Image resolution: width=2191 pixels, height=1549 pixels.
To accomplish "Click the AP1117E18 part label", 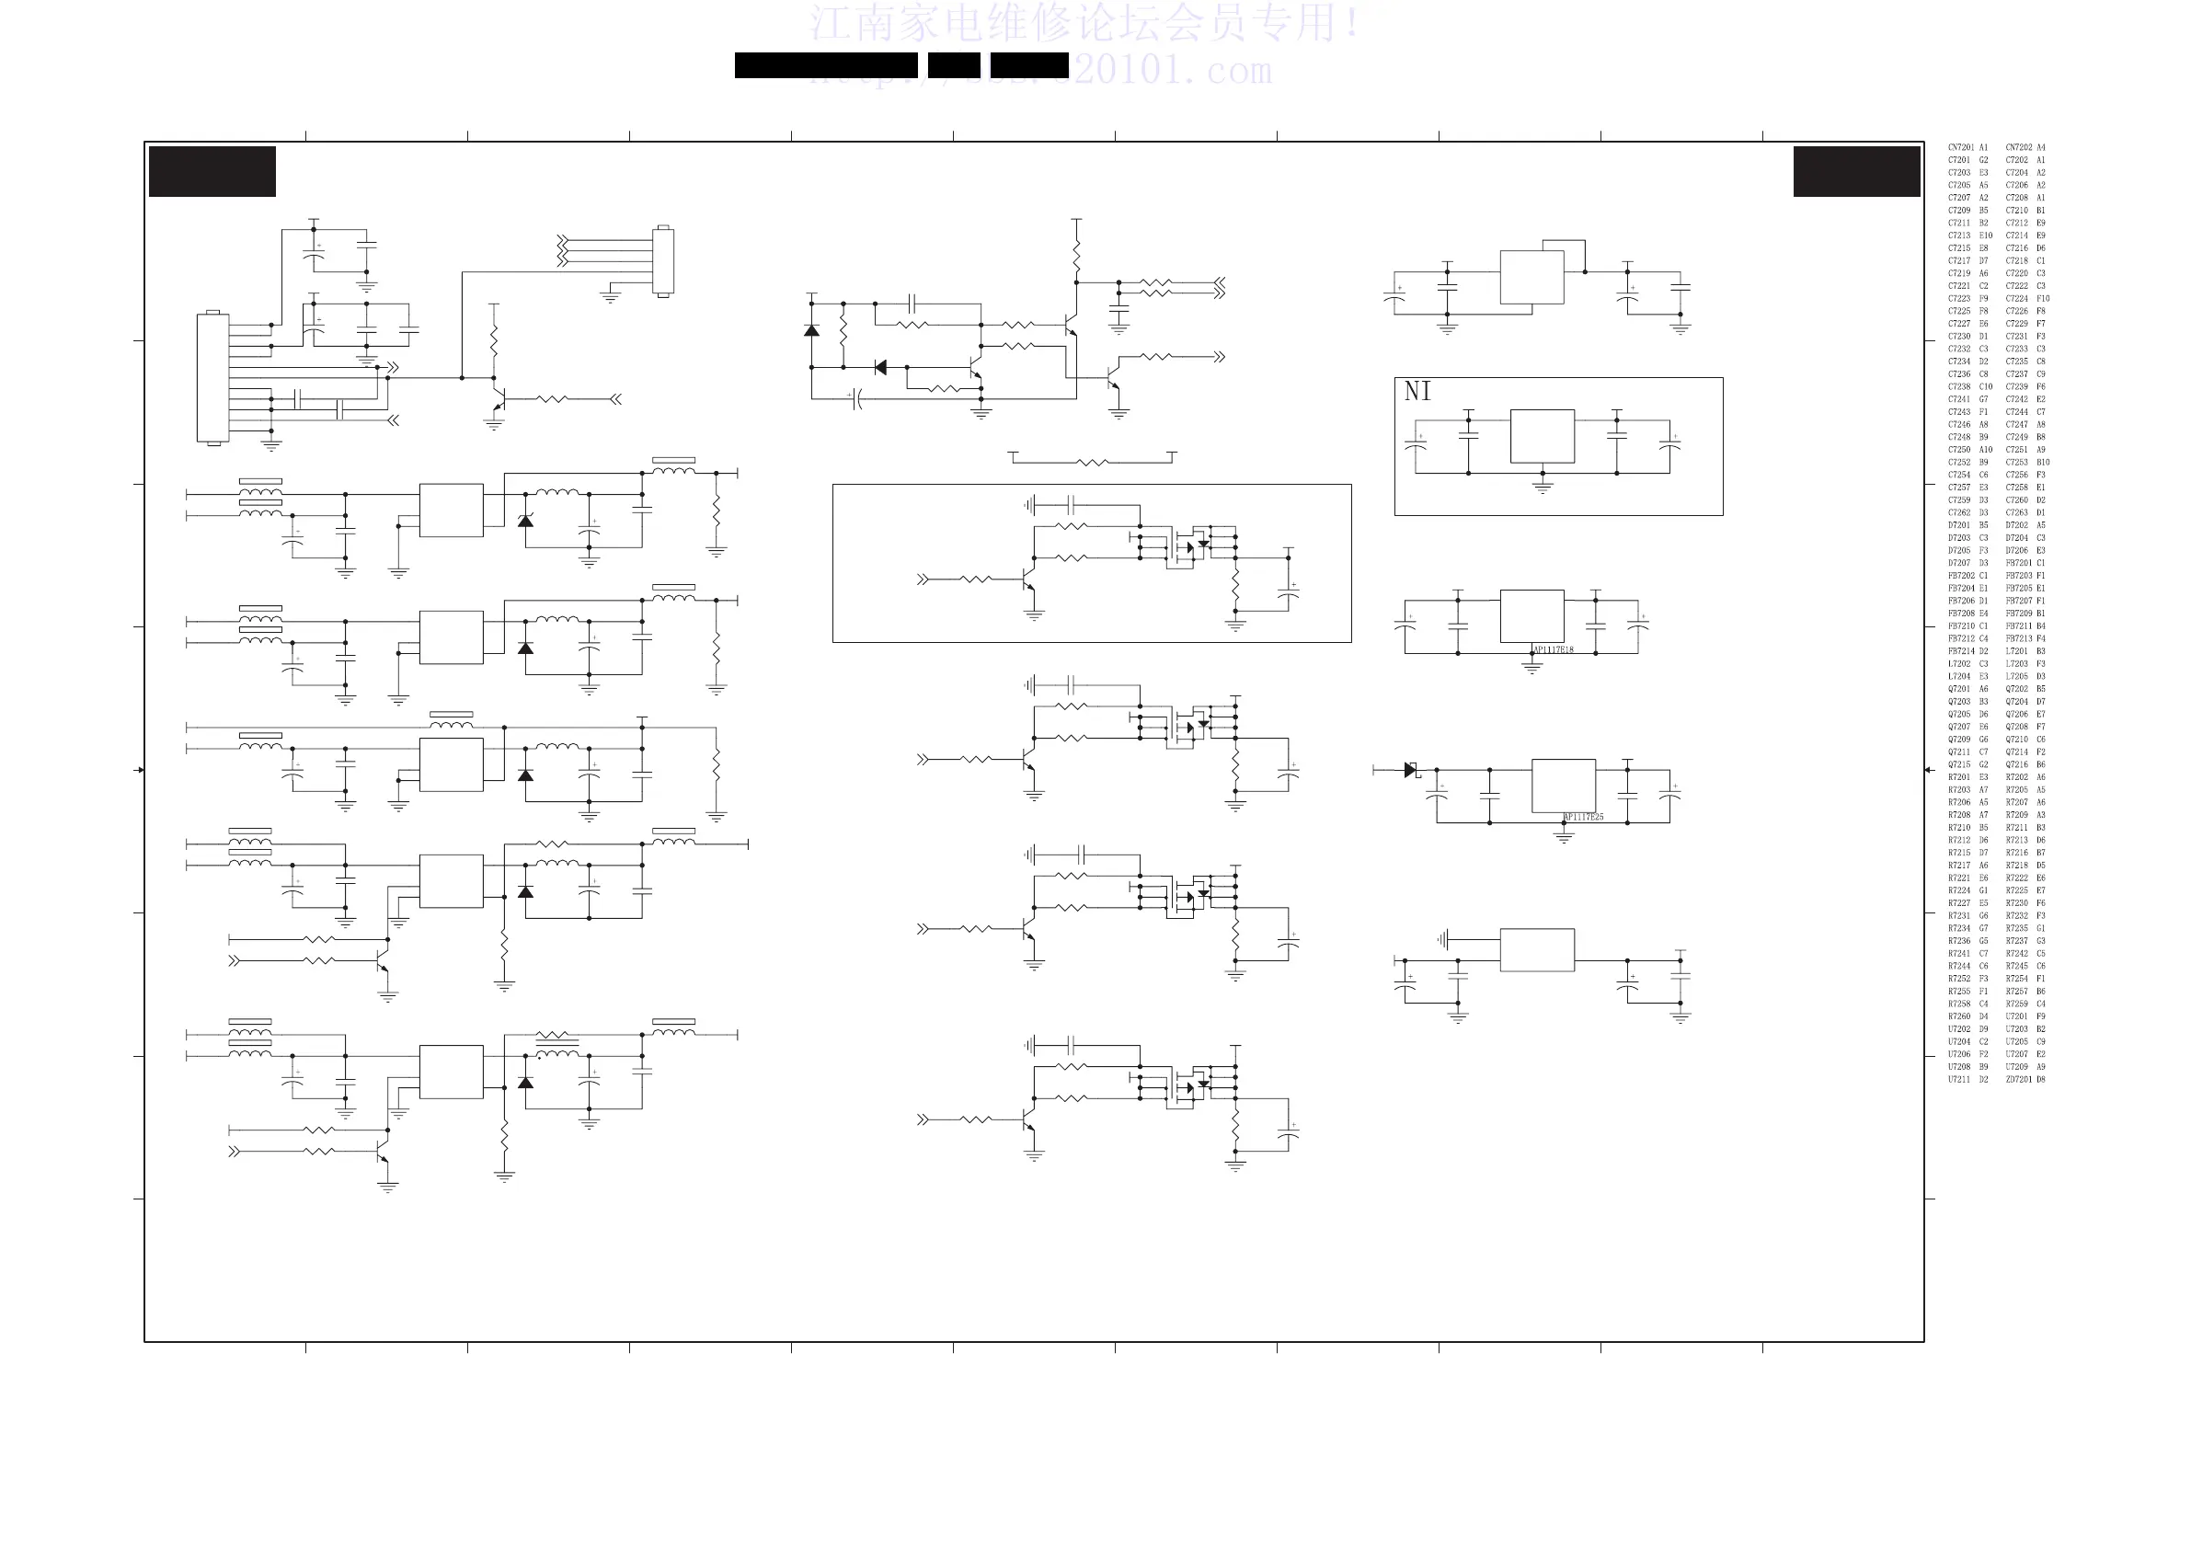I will pyautogui.click(x=1553, y=650).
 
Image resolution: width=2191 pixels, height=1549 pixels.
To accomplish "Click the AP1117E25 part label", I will pyautogui.click(x=1583, y=817).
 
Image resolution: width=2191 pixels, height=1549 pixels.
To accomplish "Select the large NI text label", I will pyautogui.click(x=1417, y=391).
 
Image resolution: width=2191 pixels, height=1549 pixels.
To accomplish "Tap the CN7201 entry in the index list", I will pyautogui.click(x=1961, y=148).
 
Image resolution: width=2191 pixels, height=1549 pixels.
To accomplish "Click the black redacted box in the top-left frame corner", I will pyautogui.click(x=212, y=172).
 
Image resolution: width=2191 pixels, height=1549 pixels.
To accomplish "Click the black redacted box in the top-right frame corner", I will pyautogui.click(x=1856, y=172).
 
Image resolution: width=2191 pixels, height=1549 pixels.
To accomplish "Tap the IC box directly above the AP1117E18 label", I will pyautogui.click(x=1531, y=616).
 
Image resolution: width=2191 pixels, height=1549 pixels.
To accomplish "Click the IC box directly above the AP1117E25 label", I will pyautogui.click(x=1563, y=786).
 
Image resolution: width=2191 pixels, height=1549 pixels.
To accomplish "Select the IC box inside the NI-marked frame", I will pyautogui.click(x=1543, y=436).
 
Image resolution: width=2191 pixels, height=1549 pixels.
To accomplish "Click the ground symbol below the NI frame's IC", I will pyautogui.click(x=1543, y=488).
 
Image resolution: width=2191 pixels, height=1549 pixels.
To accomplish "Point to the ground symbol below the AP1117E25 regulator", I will pyautogui.click(x=1563, y=838).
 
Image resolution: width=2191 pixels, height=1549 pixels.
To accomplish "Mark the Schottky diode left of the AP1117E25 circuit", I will pyautogui.click(x=1411, y=770).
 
